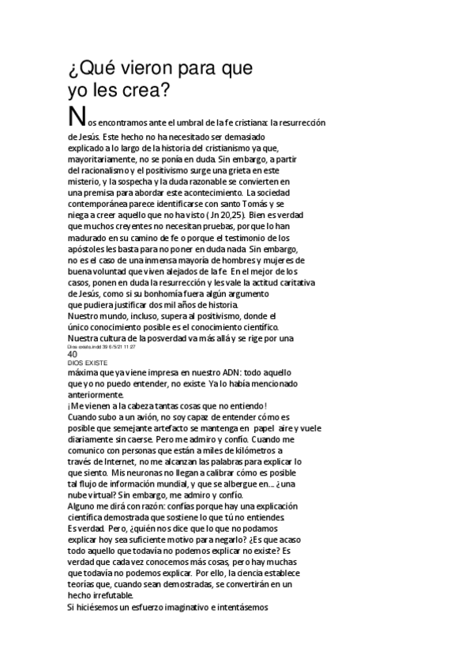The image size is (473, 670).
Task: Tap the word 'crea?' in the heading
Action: [147, 92]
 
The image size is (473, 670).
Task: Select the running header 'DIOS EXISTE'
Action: [87, 363]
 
